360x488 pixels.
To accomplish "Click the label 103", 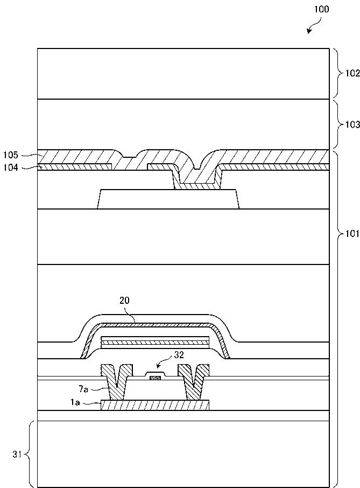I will (352, 124).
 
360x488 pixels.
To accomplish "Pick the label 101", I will (352, 234).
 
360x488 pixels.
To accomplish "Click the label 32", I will (179, 355).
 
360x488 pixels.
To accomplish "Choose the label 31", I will (17, 455).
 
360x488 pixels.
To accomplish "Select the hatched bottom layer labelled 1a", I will (155, 405).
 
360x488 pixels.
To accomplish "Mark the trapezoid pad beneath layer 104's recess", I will (167, 199).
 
